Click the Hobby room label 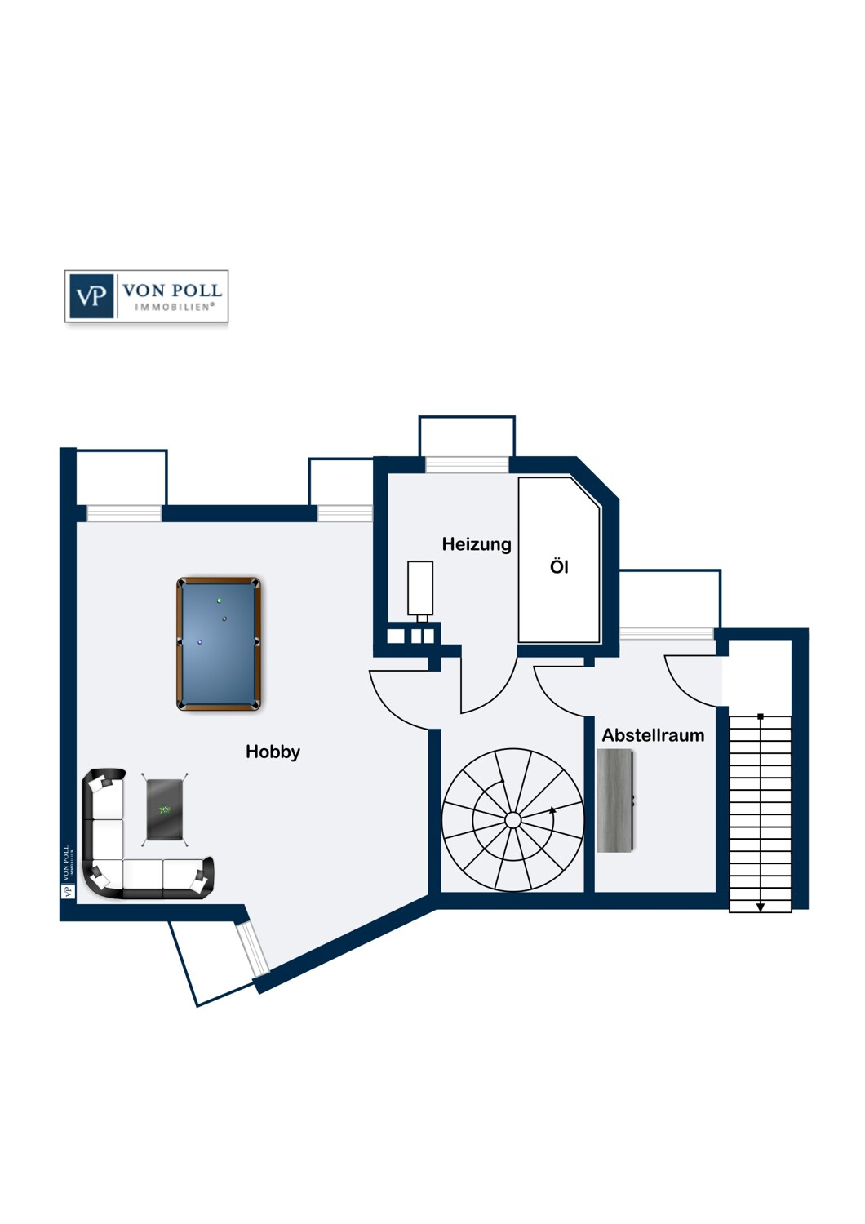pos(273,752)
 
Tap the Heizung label pos(477,544)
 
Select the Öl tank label pos(559,567)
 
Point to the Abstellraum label pos(653,735)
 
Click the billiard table pos(219,644)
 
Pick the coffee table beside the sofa pos(165,809)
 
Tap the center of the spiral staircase pos(512,820)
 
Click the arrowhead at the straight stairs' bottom pos(761,907)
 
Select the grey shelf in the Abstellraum pos(615,800)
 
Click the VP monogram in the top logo pos(91,295)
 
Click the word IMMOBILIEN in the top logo pos(174,308)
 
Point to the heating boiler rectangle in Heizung pos(420,588)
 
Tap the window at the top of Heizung pos(467,465)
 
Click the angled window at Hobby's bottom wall pos(253,948)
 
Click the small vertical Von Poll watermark pos(68,871)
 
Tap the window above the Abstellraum pos(667,633)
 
